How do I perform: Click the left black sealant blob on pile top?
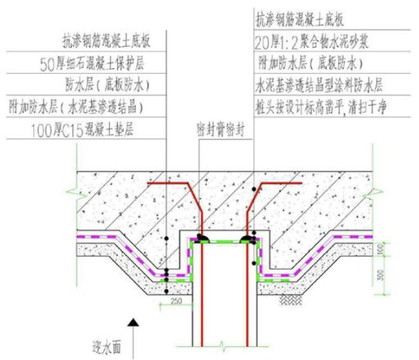[x=202, y=238]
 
